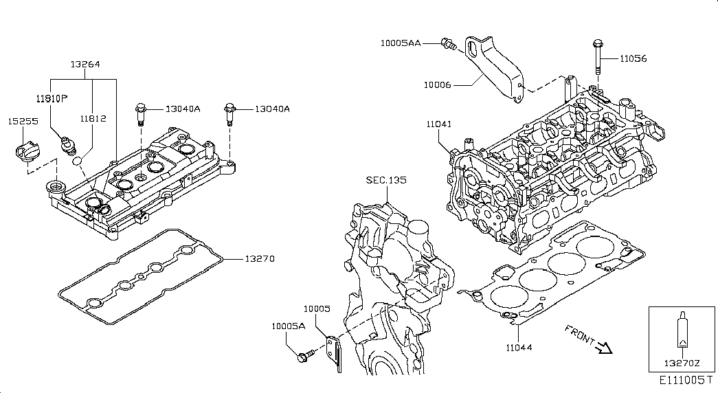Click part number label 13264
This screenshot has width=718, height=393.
tap(85, 65)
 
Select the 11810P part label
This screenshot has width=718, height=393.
tap(52, 98)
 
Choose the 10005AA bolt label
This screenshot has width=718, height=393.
tap(400, 43)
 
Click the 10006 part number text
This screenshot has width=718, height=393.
tap(437, 85)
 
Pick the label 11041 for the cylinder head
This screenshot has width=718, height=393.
tap(438, 124)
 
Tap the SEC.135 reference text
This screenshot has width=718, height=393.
tap(385, 180)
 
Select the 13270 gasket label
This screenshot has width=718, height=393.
tap(259, 259)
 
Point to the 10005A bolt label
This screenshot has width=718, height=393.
tap(287, 326)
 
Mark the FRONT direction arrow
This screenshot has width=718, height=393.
tap(603, 348)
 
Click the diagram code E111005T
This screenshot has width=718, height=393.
tap(683, 380)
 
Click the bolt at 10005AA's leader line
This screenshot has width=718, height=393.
tap(449, 44)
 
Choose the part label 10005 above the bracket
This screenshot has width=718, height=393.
tap(317, 310)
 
